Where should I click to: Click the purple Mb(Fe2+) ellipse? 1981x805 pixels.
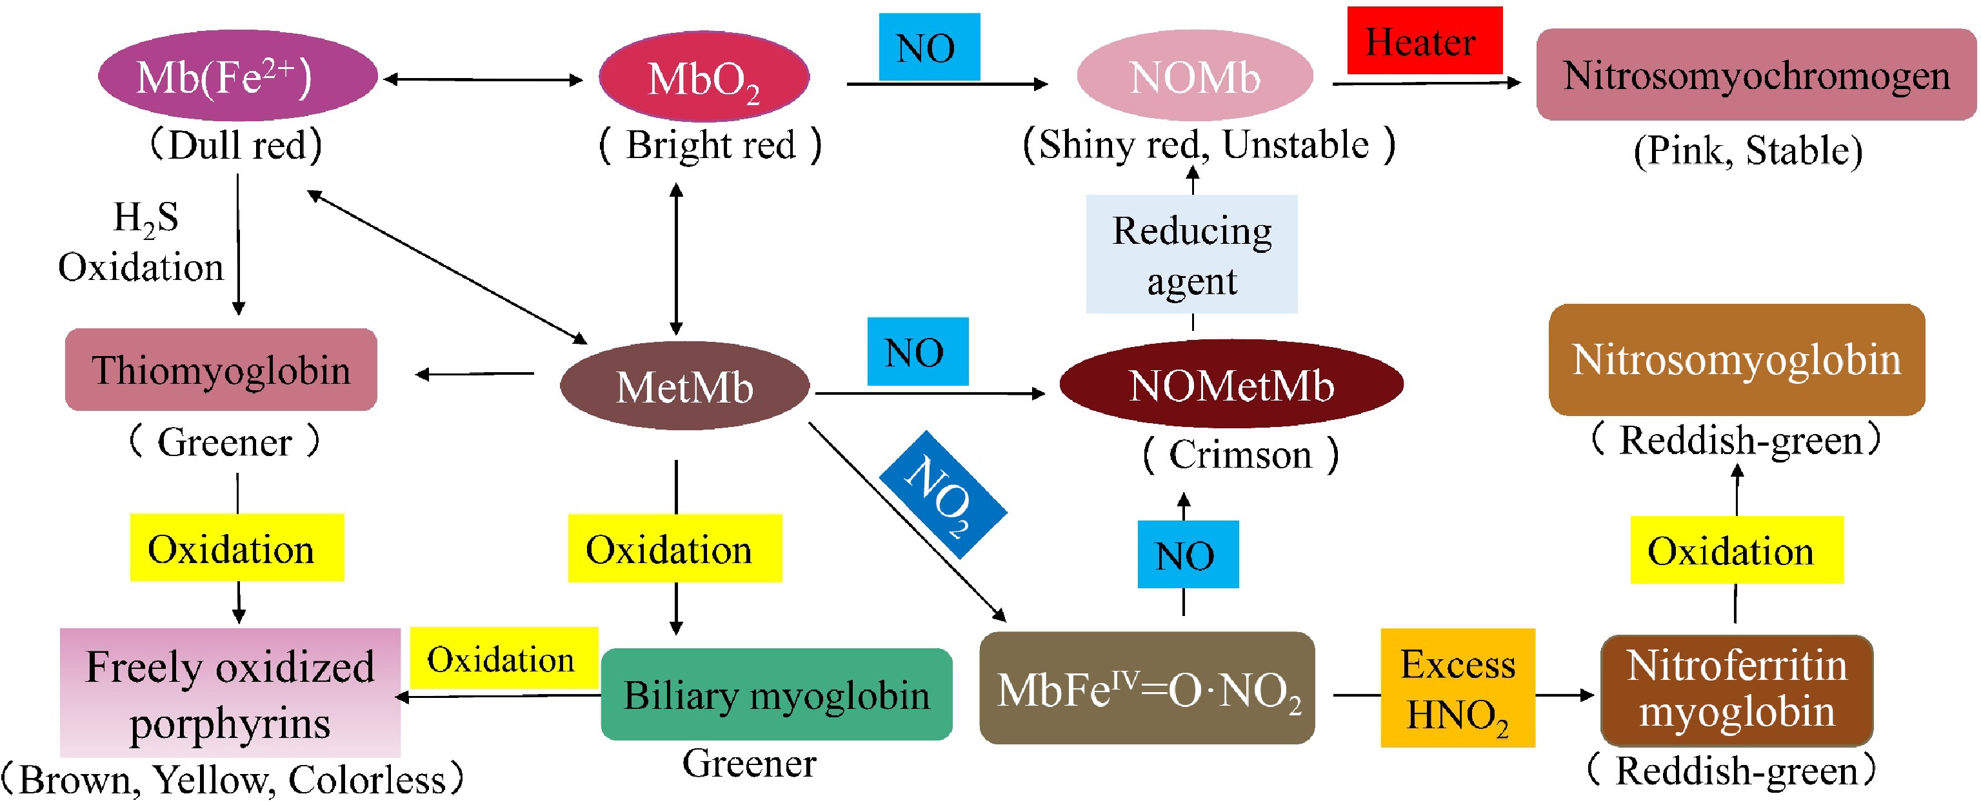point(237,76)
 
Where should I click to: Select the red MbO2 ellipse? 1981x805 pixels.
point(704,77)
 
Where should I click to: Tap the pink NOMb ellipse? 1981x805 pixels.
point(1194,77)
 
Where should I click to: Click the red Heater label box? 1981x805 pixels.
point(1424,41)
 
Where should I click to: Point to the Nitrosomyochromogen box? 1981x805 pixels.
point(1756,75)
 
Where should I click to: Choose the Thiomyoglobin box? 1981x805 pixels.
point(221,370)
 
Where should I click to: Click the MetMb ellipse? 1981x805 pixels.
point(684,386)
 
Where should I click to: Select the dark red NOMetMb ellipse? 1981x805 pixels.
point(1230,384)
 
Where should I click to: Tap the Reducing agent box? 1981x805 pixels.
point(1191,255)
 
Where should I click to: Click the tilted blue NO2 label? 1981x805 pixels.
point(943,493)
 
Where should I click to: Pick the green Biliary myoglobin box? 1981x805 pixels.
point(776,694)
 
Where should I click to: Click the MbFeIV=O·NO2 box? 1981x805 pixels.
point(1147,689)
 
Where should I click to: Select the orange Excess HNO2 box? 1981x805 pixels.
point(1457,688)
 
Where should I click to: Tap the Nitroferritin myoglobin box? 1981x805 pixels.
point(1736,690)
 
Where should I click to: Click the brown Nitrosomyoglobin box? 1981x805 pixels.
point(1736,360)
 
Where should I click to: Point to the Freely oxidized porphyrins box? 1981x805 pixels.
point(230,693)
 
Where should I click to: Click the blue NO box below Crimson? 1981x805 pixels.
point(1187,554)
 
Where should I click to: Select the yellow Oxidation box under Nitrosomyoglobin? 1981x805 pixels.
point(1736,550)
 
